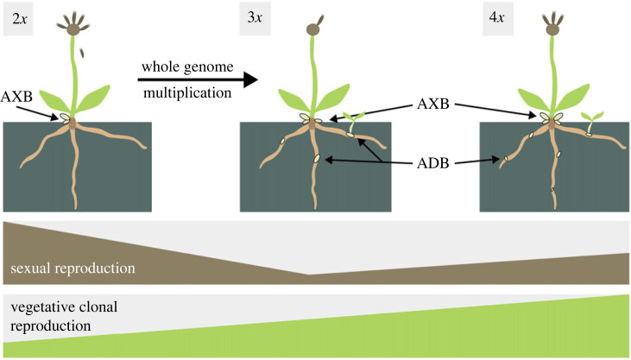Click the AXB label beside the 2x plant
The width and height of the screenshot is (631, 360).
(x=17, y=97)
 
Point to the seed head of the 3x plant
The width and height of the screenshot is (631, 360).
(x=313, y=28)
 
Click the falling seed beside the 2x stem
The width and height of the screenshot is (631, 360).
(x=85, y=54)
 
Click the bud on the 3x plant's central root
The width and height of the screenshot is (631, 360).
(x=319, y=159)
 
